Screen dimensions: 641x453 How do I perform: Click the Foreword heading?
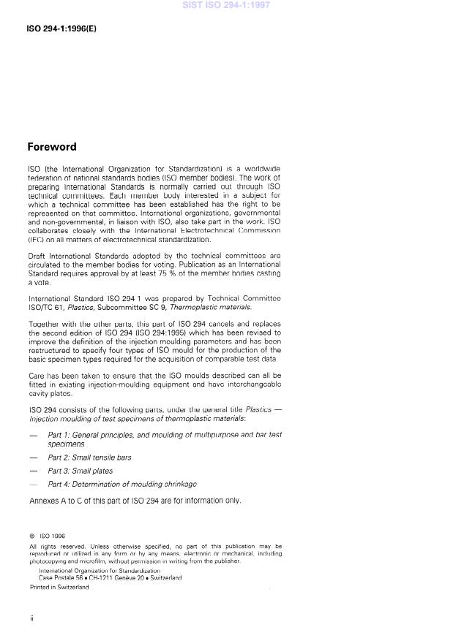click(51, 147)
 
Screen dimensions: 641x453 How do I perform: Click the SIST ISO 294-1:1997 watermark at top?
click(225, 6)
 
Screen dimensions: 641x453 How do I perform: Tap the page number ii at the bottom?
click(31, 618)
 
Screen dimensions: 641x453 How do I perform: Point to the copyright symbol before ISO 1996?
click(32, 536)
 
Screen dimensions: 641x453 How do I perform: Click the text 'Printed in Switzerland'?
click(59, 586)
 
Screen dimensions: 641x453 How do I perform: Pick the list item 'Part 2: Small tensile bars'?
click(89, 458)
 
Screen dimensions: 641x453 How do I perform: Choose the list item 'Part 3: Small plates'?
click(81, 471)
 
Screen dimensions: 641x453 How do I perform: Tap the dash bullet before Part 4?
click(33, 484)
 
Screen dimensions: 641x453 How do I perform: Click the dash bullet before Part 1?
click(33, 435)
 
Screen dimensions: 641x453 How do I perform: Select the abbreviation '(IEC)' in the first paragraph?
click(37, 239)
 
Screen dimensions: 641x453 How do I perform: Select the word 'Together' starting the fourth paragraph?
click(44, 324)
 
